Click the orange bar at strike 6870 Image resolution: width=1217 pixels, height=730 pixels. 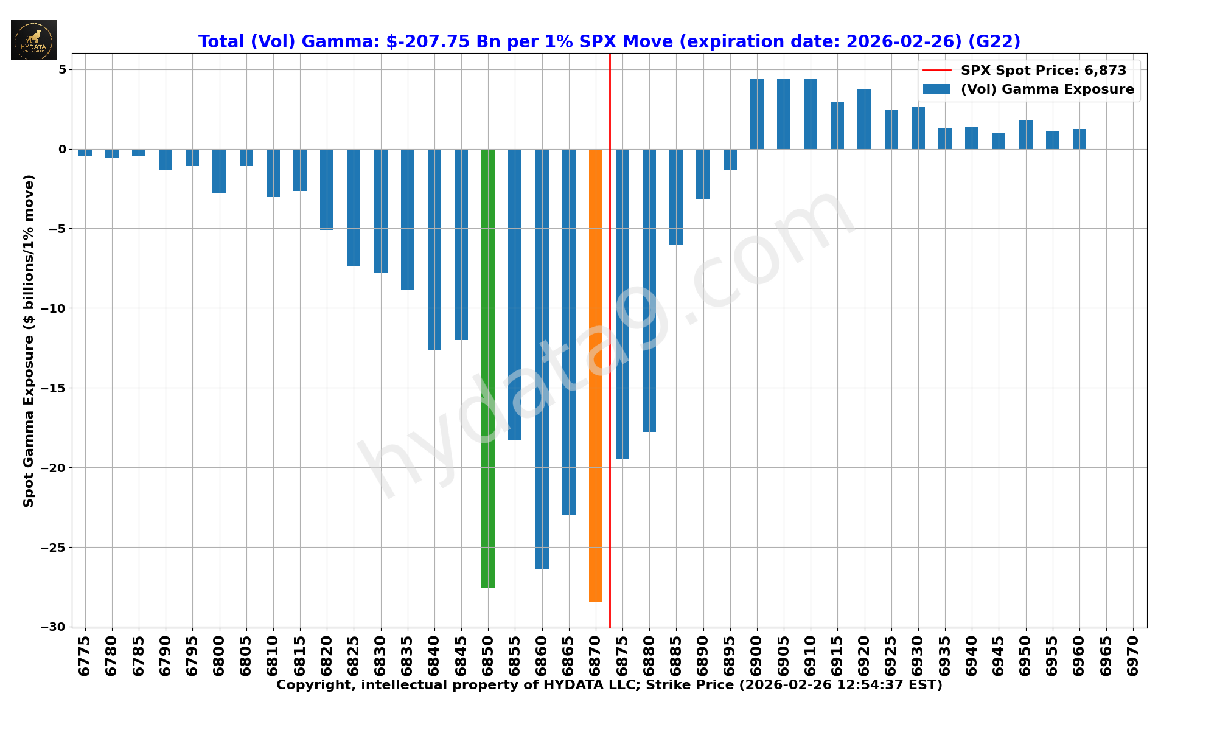[x=595, y=375]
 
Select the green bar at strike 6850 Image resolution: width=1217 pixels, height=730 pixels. [x=488, y=368]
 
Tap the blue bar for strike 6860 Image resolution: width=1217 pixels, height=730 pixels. [x=542, y=359]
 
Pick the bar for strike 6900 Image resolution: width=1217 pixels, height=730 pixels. [x=757, y=114]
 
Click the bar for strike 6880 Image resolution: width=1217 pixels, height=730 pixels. [x=649, y=290]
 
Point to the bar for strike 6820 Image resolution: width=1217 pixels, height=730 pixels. [x=327, y=189]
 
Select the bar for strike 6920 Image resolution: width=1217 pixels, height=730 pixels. [x=864, y=119]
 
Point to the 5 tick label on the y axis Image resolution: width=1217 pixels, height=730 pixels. [x=62, y=69]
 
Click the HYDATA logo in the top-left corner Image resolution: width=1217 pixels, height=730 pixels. [x=33, y=40]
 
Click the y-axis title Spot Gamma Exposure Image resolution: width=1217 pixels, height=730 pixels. [x=29, y=341]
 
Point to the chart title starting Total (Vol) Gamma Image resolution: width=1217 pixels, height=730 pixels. [x=609, y=41]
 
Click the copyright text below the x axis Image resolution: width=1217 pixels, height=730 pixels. [x=609, y=685]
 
